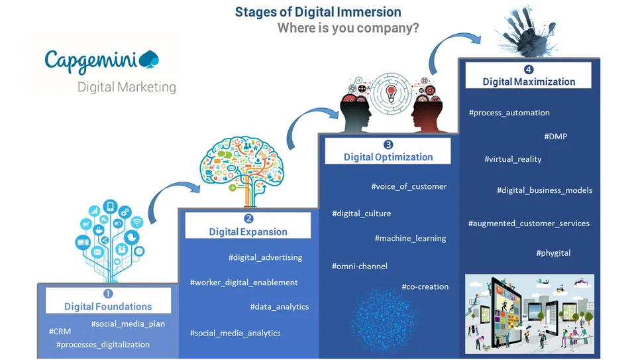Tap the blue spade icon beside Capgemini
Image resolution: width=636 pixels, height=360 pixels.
[x=149, y=59]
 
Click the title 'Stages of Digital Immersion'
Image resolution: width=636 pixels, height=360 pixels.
[x=318, y=12]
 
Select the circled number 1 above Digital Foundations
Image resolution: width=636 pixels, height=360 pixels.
[x=108, y=294]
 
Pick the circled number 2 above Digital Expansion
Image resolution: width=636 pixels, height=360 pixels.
[x=248, y=219]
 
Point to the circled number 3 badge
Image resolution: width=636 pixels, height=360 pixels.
[x=388, y=145]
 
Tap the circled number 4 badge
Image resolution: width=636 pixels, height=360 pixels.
[x=529, y=70]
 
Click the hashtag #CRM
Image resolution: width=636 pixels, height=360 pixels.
[x=60, y=331]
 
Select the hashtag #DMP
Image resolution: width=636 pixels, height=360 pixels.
[x=556, y=137]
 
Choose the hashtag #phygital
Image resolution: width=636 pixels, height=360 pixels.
[x=553, y=253]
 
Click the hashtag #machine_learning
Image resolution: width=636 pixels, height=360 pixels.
[x=410, y=238]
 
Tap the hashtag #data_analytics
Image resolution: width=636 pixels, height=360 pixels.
[x=280, y=307]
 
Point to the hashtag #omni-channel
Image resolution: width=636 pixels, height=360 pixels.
[x=360, y=267]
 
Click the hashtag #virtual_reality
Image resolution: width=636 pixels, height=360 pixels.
[x=513, y=159]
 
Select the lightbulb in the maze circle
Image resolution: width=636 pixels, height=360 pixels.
[x=391, y=93]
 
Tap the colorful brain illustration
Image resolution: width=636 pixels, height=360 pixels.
[x=242, y=166]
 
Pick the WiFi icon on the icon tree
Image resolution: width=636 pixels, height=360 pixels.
[x=137, y=222]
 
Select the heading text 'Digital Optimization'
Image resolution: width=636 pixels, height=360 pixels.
[x=388, y=157]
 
